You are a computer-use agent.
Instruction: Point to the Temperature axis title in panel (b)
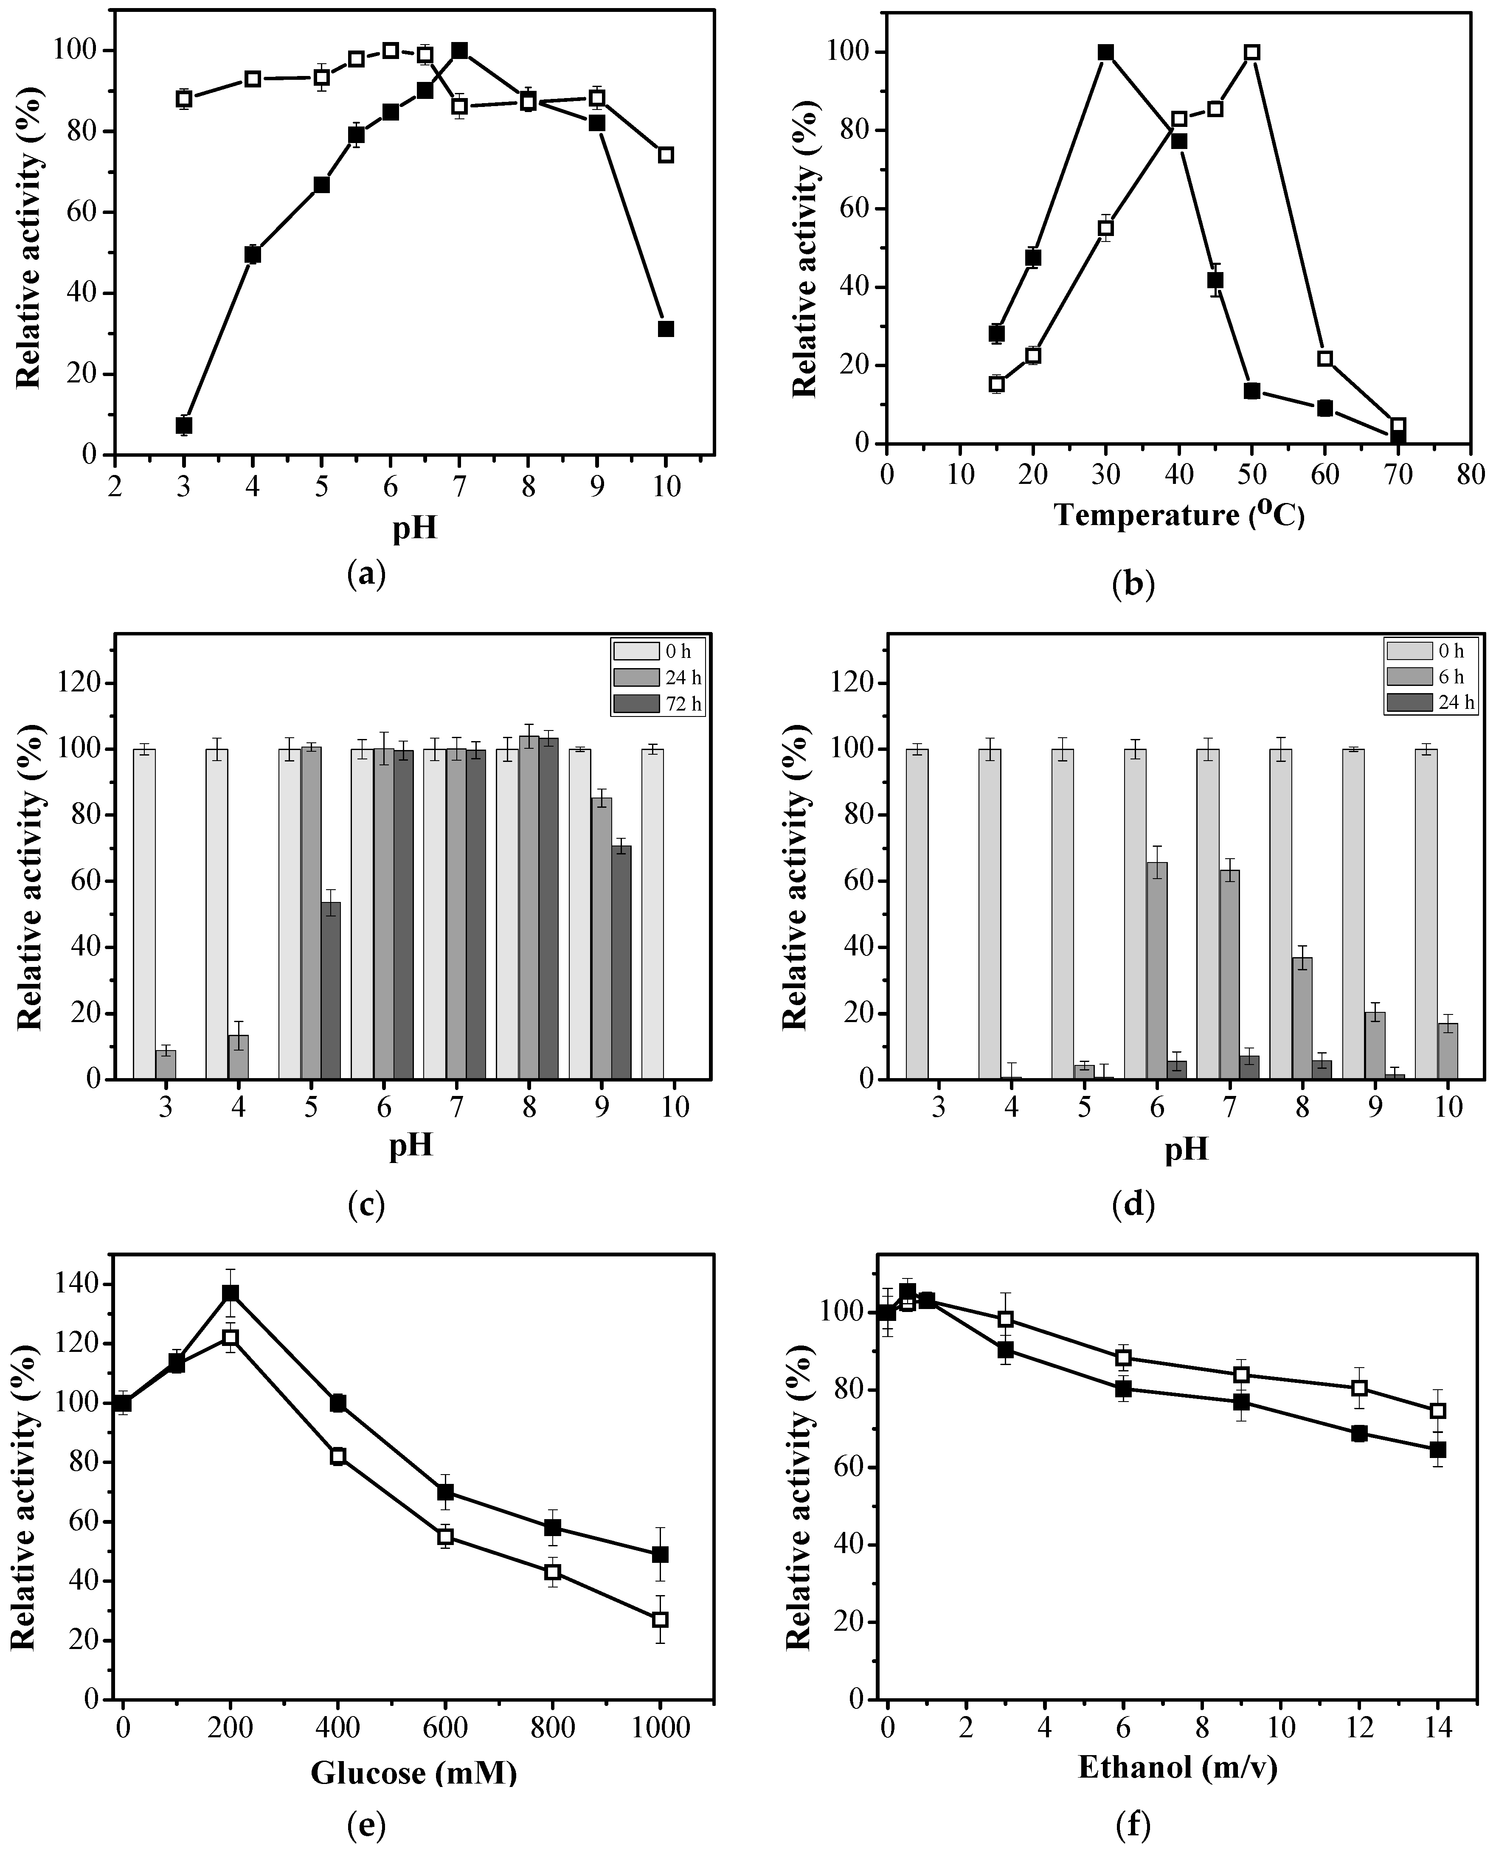[1179, 515]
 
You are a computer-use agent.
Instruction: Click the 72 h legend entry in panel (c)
[657, 704]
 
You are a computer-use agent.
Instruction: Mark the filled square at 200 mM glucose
[230, 1293]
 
